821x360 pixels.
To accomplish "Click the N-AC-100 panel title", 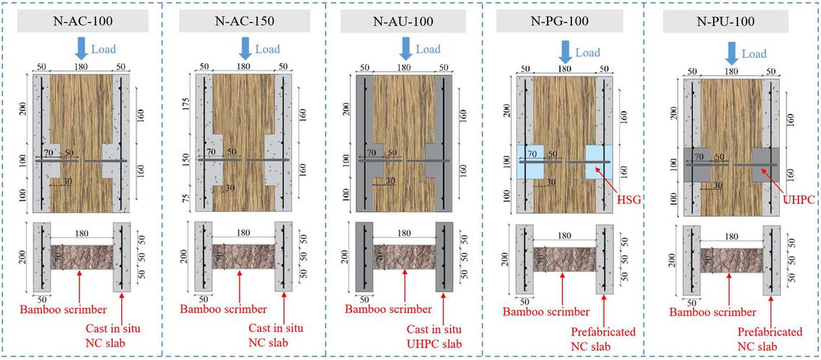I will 80,22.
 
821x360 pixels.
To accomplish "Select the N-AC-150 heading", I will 245,22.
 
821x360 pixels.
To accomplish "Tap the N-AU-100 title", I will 405,22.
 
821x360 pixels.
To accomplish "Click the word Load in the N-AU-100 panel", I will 428,50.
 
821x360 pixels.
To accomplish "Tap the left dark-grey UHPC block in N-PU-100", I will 697,164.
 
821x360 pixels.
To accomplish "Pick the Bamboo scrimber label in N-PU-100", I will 713,312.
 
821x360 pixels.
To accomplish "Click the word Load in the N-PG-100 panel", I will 587,53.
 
